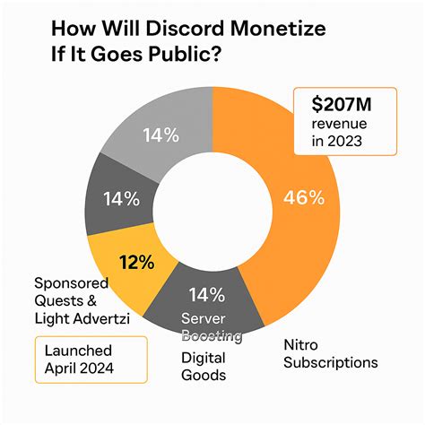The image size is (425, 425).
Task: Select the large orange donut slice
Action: click(296, 242)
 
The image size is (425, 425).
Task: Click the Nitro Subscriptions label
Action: click(329, 353)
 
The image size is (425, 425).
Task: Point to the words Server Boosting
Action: click(212, 327)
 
